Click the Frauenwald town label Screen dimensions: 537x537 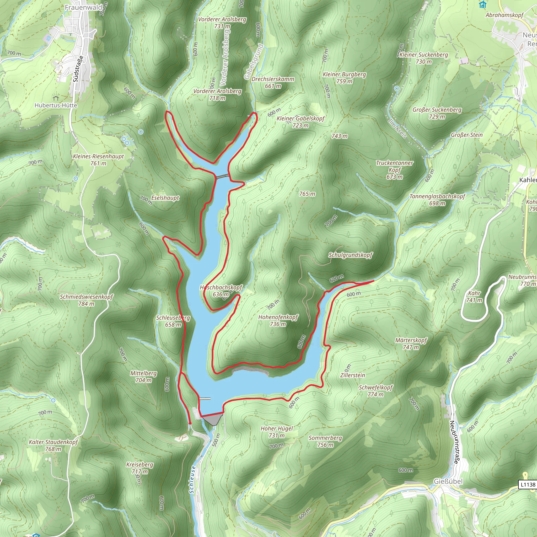coord(83,8)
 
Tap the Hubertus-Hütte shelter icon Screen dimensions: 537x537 coord(56,98)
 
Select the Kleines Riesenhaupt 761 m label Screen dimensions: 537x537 coord(98,159)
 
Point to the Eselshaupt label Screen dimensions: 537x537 coord(165,198)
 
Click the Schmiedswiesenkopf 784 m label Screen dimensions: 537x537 coord(87,300)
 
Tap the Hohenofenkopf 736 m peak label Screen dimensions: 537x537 coord(278,320)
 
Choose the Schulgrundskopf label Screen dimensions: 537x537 coord(350,255)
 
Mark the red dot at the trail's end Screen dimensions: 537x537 coord(190,423)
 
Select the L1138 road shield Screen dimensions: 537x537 coord(528,485)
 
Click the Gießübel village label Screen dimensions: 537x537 coord(448,481)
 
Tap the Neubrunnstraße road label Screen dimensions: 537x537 coord(454,442)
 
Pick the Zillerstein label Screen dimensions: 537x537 coord(352,375)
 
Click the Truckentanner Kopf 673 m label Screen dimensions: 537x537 coord(394,170)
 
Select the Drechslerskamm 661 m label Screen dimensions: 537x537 coord(273,82)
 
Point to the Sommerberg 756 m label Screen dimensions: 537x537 coord(325,441)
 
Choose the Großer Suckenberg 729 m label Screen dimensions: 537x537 coord(437,113)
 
